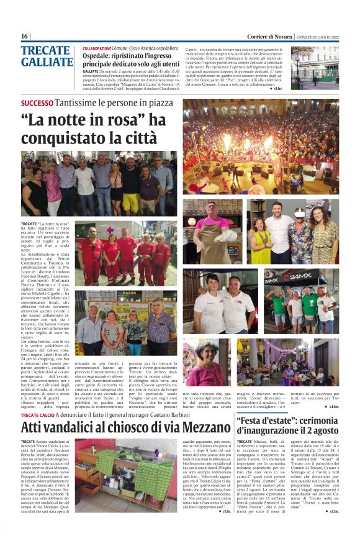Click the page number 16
[25, 36]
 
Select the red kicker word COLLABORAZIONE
[97, 48]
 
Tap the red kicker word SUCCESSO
[37, 103]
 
